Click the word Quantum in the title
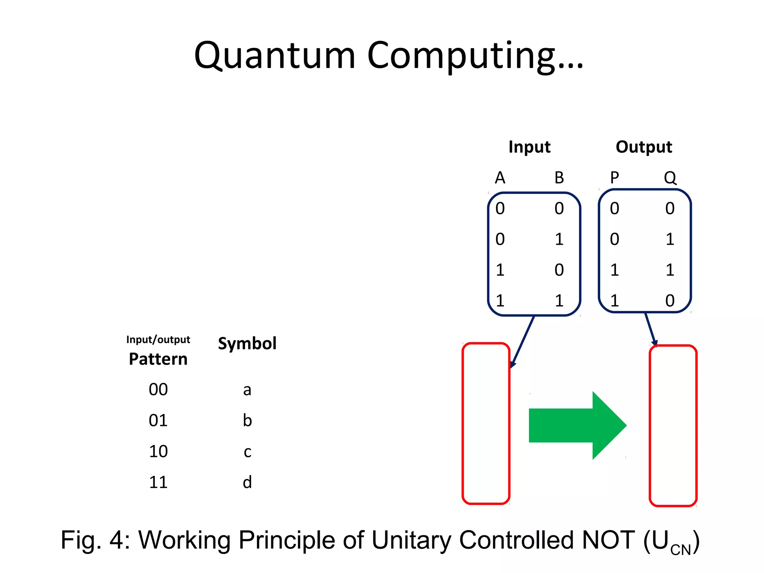[275, 56]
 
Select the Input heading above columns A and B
[529, 147]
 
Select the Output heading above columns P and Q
[644, 147]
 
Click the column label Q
[670, 178]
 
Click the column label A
[500, 178]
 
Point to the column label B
[559, 178]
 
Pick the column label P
[614, 178]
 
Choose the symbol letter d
[247, 482]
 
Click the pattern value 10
[158, 451]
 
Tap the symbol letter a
[247, 390]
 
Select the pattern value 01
[158, 421]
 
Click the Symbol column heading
[247, 344]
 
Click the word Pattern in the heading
[158, 359]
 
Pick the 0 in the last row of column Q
[670, 301]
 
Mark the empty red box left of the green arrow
[486, 423]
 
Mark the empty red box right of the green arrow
[673, 426]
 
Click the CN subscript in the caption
[680, 550]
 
